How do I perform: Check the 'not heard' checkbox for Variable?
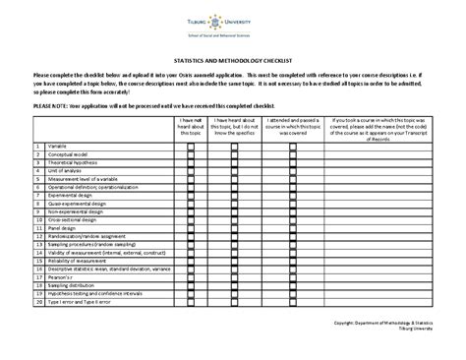[x=193, y=146]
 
